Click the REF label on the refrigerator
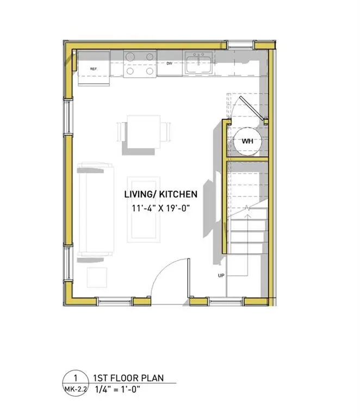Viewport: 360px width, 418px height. [x=94, y=69]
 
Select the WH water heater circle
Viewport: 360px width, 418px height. [x=247, y=141]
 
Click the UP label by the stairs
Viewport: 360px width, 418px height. [x=221, y=276]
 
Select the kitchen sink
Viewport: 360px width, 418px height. [x=198, y=64]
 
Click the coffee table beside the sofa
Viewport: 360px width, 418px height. [x=143, y=209]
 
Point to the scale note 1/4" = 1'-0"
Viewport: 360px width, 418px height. [x=117, y=390]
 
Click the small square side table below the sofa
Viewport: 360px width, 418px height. [x=98, y=277]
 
